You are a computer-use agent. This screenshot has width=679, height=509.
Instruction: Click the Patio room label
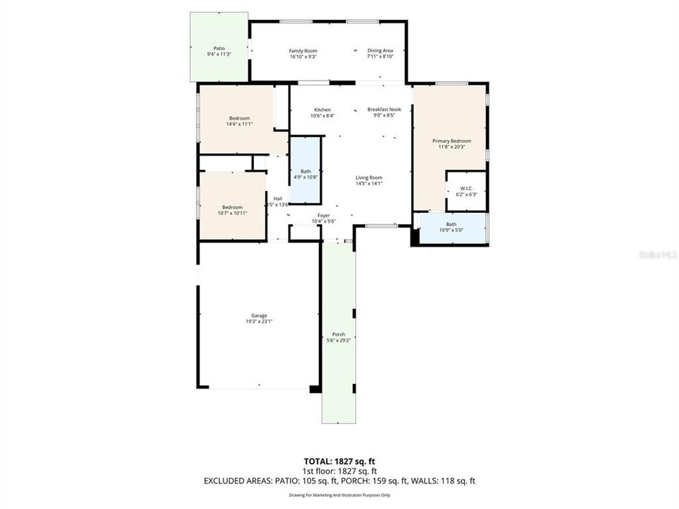(x=219, y=48)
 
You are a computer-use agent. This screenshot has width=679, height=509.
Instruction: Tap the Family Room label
(x=303, y=51)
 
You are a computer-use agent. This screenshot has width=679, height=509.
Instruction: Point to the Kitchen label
(x=323, y=110)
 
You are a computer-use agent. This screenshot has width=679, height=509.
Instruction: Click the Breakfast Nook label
(x=384, y=110)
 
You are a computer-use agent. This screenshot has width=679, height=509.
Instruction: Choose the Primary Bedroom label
(x=451, y=141)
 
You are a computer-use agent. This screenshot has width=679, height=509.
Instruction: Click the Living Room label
(x=368, y=177)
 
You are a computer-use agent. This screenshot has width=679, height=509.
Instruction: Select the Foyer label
(x=323, y=216)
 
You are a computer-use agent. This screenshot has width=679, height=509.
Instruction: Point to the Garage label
(x=259, y=316)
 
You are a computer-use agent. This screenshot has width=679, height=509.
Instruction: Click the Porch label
(x=338, y=334)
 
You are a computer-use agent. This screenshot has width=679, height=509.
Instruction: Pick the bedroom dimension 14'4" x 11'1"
(x=239, y=124)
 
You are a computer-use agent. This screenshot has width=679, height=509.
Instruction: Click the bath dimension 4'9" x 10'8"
(x=306, y=177)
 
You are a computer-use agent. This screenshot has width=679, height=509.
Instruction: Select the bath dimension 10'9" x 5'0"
(x=451, y=230)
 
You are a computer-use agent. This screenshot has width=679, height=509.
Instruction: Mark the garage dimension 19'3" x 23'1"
(x=259, y=322)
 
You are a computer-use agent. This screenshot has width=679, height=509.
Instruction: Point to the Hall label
(x=278, y=199)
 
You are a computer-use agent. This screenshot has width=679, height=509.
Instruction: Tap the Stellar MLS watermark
(x=656, y=253)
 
